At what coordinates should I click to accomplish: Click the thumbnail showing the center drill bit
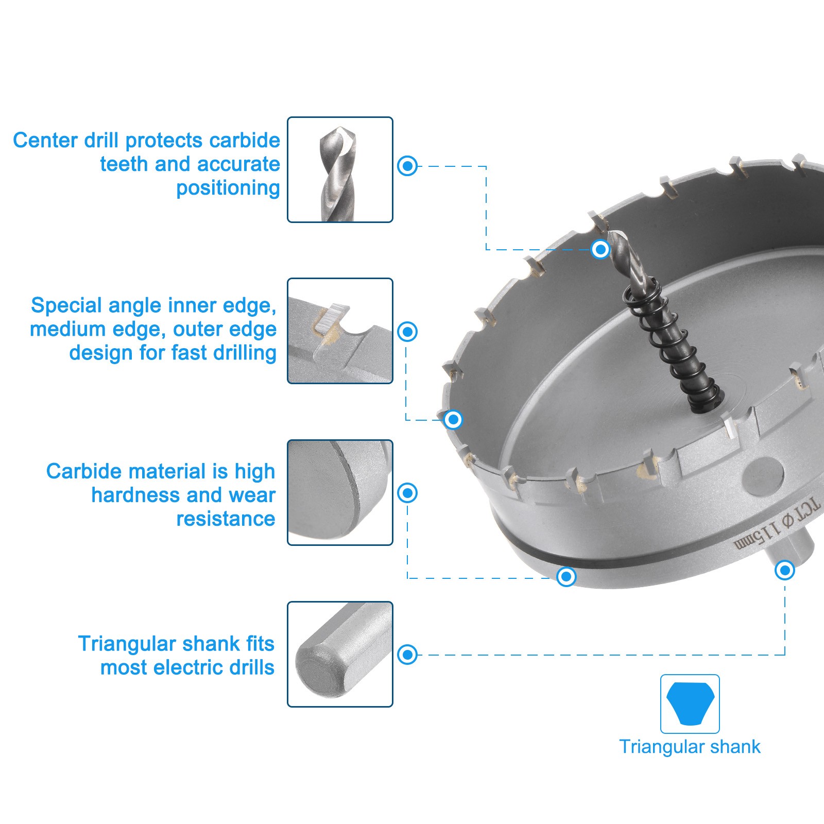pyautogui.click(x=340, y=169)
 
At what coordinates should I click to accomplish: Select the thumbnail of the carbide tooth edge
pyautogui.click(x=340, y=331)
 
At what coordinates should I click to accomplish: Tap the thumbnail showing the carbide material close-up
pyautogui.click(x=340, y=492)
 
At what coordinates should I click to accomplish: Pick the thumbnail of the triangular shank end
pyautogui.click(x=340, y=654)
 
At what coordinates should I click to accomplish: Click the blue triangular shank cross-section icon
pyautogui.click(x=690, y=703)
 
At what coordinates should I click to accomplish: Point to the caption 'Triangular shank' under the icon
pyautogui.click(x=690, y=747)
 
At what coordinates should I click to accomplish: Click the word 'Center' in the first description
pyautogui.click(x=45, y=140)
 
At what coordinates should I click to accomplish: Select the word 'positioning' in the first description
pyautogui.click(x=228, y=188)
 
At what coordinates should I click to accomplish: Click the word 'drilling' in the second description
pyautogui.click(x=245, y=354)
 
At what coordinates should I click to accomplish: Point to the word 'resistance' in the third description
pyautogui.click(x=226, y=519)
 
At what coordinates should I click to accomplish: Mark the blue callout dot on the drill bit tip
pyautogui.click(x=600, y=249)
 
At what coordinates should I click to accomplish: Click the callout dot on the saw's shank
pyautogui.click(x=784, y=570)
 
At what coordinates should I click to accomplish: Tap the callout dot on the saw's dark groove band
pyautogui.click(x=566, y=576)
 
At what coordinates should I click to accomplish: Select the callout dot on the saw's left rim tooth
pyautogui.click(x=453, y=419)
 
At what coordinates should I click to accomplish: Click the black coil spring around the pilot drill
pyautogui.click(x=669, y=345)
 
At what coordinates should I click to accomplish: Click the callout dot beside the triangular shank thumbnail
pyautogui.click(x=407, y=654)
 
